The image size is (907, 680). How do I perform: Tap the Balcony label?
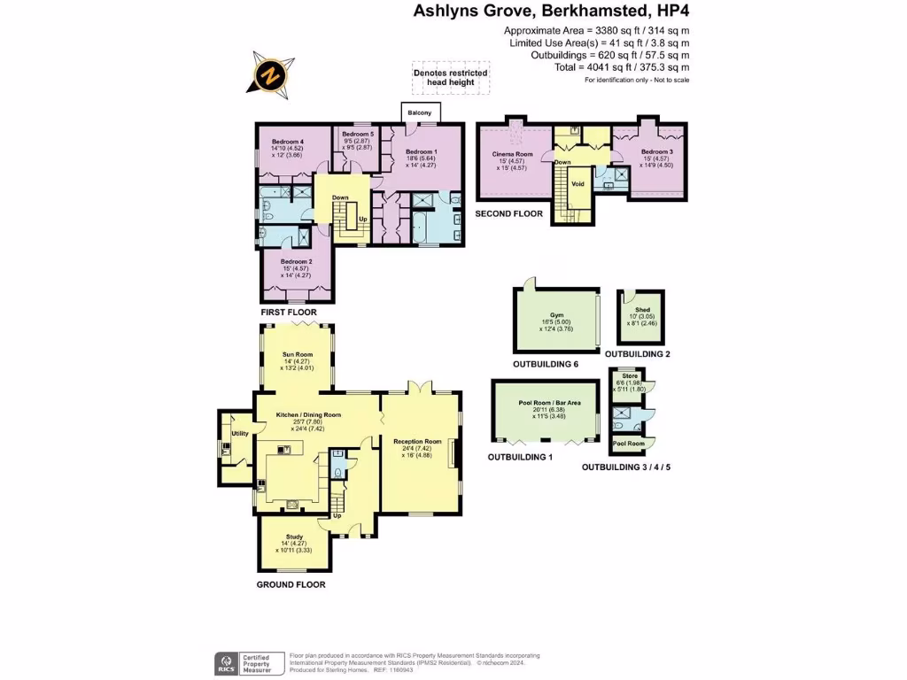(x=419, y=112)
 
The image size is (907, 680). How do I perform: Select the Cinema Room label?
(x=511, y=154)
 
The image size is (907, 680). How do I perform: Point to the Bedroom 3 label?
(x=656, y=151)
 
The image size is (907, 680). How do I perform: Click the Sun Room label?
(x=298, y=354)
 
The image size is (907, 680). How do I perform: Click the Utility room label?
(x=240, y=433)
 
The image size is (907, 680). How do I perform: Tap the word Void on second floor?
(x=578, y=184)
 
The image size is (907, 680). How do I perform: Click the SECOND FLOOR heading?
(x=509, y=214)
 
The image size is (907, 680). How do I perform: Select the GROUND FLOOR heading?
(x=291, y=584)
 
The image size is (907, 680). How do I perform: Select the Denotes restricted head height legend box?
(x=449, y=77)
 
